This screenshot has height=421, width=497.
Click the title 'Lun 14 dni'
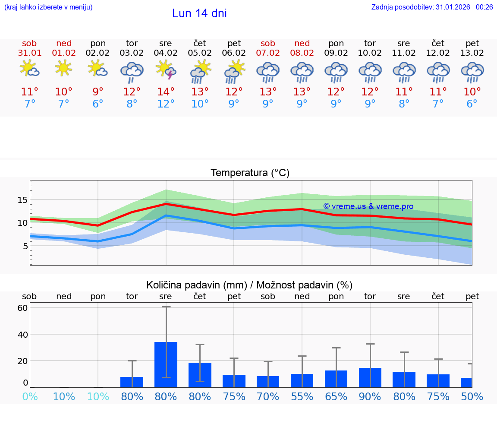(x=199, y=13)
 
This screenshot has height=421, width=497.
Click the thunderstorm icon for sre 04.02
(x=166, y=70)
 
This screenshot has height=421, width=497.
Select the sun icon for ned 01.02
(x=63, y=68)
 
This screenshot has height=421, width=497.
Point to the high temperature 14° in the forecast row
(x=166, y=92)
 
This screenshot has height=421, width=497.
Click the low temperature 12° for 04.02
(x=166, y=104)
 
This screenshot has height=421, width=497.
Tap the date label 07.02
(x=268, y=53)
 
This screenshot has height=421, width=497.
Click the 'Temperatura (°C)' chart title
(x=250, y=173)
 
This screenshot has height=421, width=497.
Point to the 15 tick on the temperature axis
(x=22, y=200)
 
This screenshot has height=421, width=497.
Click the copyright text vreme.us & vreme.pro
(x=368, y=206)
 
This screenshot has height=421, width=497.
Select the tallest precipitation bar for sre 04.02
(x=166, y=364)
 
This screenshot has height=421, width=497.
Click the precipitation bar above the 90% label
(x=370, y=377)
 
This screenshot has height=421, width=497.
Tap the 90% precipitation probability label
(x=370, y=396)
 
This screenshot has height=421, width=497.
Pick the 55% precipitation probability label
(x=302, y=396)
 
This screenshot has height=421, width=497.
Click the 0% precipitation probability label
(x=30, y=396)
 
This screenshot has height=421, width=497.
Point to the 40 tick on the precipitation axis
(x=22, y=335)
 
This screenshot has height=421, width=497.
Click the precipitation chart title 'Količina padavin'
(x=249, y=285)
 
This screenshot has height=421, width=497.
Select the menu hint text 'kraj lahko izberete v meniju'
(x=48, y=7)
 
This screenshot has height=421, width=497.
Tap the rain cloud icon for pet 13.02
(x=472, y=72)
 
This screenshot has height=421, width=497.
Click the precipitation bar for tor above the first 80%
(x=132, y=382)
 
